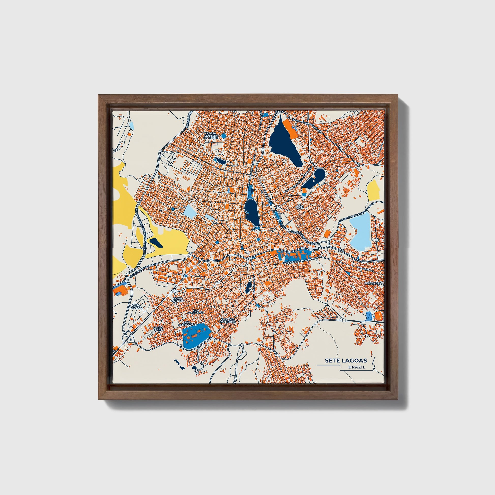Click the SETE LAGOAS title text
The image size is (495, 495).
pyautogui.click(x=346, y=360)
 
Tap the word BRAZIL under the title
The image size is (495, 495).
pyautogui.click(x=357, y=367)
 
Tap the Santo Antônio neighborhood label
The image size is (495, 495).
pyautogui.click(x=178, y=299)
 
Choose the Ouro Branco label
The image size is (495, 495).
pyautogui.click(x=136, y=307)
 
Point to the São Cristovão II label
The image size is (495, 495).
pyautogui.click(x=187, y=324)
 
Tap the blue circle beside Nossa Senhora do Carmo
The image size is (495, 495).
pyautogui.click(x=223, y=136)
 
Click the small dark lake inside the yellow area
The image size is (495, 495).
pyautogui.click(x=156, y=242)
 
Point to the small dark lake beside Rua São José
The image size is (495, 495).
pyautogui.click(x=248, y=288)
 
